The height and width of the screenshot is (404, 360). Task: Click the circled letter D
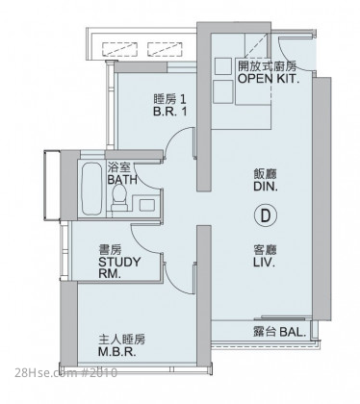[x=265, y=215]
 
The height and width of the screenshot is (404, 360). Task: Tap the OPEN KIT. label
[x=269, y=79]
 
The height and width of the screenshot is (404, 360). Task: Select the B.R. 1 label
[x=170, y=112]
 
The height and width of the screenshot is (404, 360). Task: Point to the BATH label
[x=122, y=180]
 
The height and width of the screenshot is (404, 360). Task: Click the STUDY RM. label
[x=119, y=268]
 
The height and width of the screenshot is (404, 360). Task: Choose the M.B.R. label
[x=116, y=352]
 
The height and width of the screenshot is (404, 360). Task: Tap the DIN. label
[x=266, y=187]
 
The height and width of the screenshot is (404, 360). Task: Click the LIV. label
[x=265, y=263]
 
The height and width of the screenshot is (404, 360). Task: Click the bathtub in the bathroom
[x=91, y=189]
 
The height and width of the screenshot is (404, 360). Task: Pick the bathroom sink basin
[x=146, y=205]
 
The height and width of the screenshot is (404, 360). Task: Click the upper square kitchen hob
[x=222, y=66]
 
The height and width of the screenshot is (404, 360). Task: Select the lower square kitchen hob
[x=223, y=91]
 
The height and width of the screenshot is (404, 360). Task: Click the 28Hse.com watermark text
[x=65, y=373]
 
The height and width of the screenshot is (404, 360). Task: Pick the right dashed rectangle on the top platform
[x=165, y=49]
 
